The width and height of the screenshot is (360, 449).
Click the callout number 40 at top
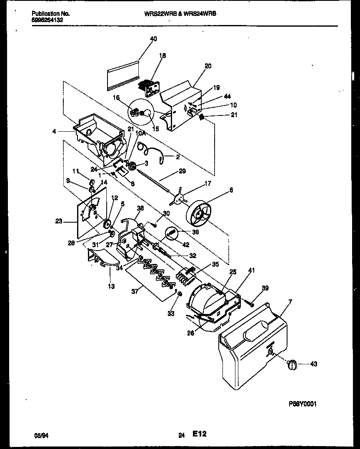pos(153,39)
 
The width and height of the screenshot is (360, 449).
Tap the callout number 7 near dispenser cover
pos(290,301)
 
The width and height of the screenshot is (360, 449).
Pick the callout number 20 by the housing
pos(208,66)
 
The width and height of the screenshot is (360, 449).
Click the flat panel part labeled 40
pos(122,75)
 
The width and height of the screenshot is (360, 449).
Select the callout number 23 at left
pos(58,221)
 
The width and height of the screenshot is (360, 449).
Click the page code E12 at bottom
pos(199,434)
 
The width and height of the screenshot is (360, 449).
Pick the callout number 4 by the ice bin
pos(55,132)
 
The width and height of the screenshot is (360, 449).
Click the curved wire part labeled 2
pos(154,153)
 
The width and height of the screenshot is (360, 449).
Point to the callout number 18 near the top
pos(162,55)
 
